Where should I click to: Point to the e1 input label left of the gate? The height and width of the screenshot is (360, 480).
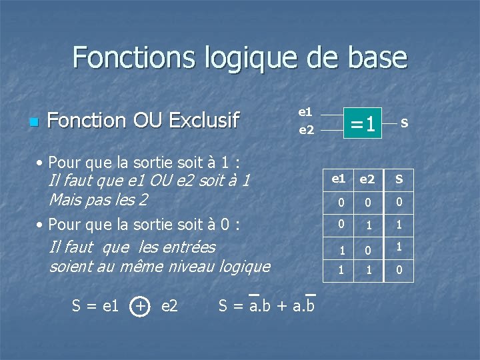click(305, 111)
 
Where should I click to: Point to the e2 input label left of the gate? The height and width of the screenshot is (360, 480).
click(306, 129)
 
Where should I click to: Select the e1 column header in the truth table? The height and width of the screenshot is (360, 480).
click(339, 179)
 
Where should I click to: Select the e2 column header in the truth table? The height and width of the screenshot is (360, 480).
click(367, 179)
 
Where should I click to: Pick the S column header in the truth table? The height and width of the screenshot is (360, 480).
click(399, 179)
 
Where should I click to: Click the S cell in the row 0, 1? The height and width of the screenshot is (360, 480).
click(399, 225)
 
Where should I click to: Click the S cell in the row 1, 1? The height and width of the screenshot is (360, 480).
click(399, 271)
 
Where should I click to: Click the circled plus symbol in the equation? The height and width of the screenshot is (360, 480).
click(140, 306)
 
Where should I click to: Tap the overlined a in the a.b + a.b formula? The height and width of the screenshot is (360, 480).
click(253, 306)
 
